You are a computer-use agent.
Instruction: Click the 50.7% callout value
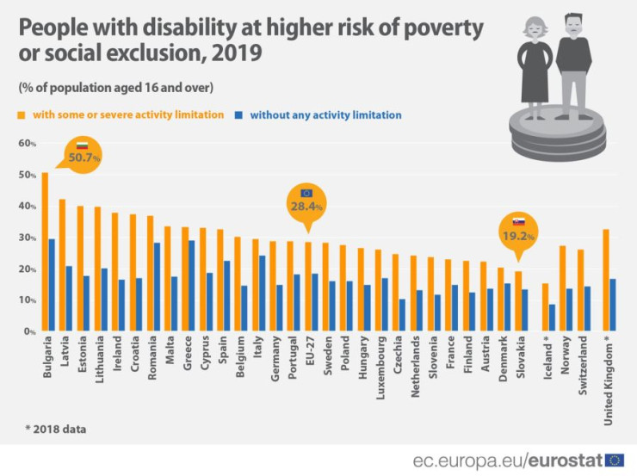pos(85,158)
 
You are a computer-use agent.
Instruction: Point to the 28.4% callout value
pos(306,207)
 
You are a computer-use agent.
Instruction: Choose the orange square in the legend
pos(20,114)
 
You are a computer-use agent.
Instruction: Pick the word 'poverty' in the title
pos(434,27)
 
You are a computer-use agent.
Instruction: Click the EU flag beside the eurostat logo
pos(615,460)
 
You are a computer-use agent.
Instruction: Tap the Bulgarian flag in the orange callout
pos(83,145)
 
